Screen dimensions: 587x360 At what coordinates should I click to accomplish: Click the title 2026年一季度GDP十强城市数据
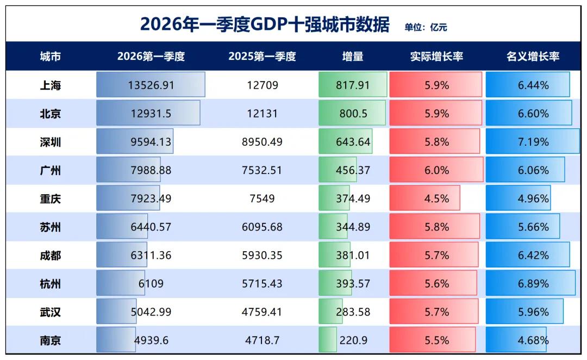pyautogui.click(x=265, y=24)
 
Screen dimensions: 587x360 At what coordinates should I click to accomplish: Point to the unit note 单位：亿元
pyautogui.click(x=426, y=27)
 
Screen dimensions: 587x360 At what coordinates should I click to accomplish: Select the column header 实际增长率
pyautogui.click(x=436, y=57)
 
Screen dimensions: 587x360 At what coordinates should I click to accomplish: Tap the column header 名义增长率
pyautogui.click(x=533, y=57)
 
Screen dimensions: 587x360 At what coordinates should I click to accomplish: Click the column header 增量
pyautogui.click(x=353, y=57)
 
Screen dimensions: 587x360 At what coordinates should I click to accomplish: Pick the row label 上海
pyautogui.click(x=51, y=85)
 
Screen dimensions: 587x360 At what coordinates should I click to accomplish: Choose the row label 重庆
pyautogui.click(x=51, y=198)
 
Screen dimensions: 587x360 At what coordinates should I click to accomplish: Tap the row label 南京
pyautogui.click(x=51, y=340)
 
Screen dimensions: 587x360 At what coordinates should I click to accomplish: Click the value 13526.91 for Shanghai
pyautogui.click(x=151, y=85)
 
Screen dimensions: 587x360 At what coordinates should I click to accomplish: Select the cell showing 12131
pyautogui.click(x=262, y=114)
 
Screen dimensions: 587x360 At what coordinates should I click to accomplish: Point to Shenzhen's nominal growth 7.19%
pyautogui.click(x=533, y=142)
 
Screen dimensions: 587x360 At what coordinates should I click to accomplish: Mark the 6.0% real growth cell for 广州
pyautogui.click(x=436, y=170)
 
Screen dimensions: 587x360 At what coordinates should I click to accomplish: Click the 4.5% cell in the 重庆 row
pyautogui.click(x=436, y=198)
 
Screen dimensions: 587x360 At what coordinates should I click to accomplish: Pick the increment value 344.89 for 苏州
pyautogui.click(x=353, y=227)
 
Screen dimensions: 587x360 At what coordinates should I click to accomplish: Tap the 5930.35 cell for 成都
pyautogui.click(x=262, y=256)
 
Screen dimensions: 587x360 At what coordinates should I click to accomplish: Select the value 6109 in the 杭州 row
pyautogui.click(x=151, y=283)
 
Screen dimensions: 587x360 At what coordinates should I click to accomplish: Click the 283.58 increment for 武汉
pyautogui.click(x=353, y=312)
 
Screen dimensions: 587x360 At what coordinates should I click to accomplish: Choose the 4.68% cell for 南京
pyautogui.click(x=533, y=340)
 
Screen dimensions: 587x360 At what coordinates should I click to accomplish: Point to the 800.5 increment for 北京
pyautogui.click(x=353, y=114)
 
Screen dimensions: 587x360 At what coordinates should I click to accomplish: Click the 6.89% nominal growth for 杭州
pyautogui.click(x=533, y=283)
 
